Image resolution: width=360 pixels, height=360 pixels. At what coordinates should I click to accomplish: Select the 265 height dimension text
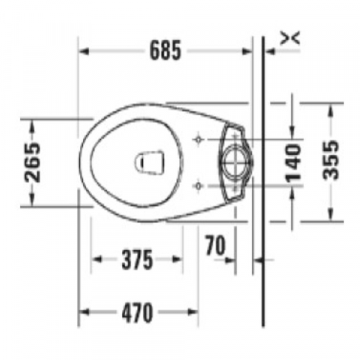(x=32, y=162)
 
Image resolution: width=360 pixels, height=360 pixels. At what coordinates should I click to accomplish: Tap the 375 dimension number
(x=136, y=260)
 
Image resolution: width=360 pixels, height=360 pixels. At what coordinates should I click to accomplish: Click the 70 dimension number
(x=214, y=245)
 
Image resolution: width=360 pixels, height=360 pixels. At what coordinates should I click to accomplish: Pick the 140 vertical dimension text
(x=293, y=162)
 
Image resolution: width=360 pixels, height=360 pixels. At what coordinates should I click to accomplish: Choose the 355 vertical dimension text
(x=330, y=160)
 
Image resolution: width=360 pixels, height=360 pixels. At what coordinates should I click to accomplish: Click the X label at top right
(x=290, y=38)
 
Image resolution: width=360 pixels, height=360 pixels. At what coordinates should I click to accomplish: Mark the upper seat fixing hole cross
(x=199, y=140)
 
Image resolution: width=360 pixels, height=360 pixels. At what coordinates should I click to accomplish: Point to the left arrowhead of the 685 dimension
(x=85, y=52)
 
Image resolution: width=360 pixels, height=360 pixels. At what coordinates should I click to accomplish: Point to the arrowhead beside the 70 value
(x=231, y=260)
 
